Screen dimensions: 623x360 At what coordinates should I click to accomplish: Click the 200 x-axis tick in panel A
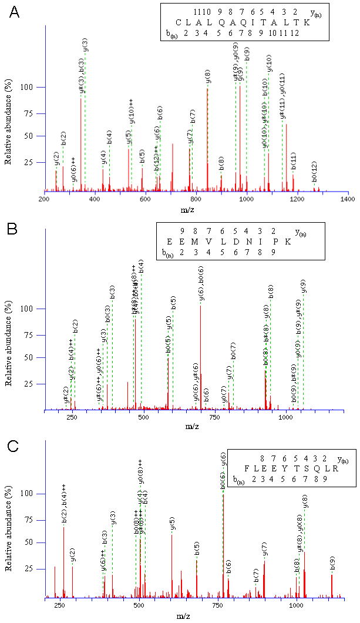[44, 200]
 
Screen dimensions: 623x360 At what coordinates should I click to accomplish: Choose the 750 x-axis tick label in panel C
[217, 605]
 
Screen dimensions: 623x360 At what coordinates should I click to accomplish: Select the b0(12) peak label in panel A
[315, 176]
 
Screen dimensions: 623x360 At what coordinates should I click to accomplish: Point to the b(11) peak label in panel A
[294, 161]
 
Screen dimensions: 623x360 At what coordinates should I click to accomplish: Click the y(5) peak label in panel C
[172, 524]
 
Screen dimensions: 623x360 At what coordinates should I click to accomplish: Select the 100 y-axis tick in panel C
[36, 494]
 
